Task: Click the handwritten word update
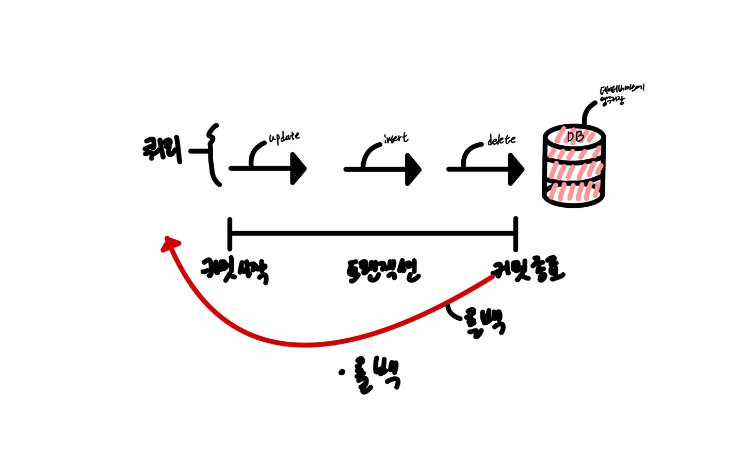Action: click(284, 138)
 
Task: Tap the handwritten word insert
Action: click(396, 138)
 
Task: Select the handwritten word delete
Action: click(501, 140)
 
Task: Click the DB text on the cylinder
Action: click(575, 137)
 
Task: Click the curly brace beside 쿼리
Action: click(213, 154)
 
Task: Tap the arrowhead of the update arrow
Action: click(299, 169)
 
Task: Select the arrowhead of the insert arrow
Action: click(413, 169)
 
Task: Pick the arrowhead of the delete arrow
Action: click(516, 169)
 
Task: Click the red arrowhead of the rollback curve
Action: click(170, 243)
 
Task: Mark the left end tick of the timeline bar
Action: click(230, 234)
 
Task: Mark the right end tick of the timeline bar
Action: click(515, 234)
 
